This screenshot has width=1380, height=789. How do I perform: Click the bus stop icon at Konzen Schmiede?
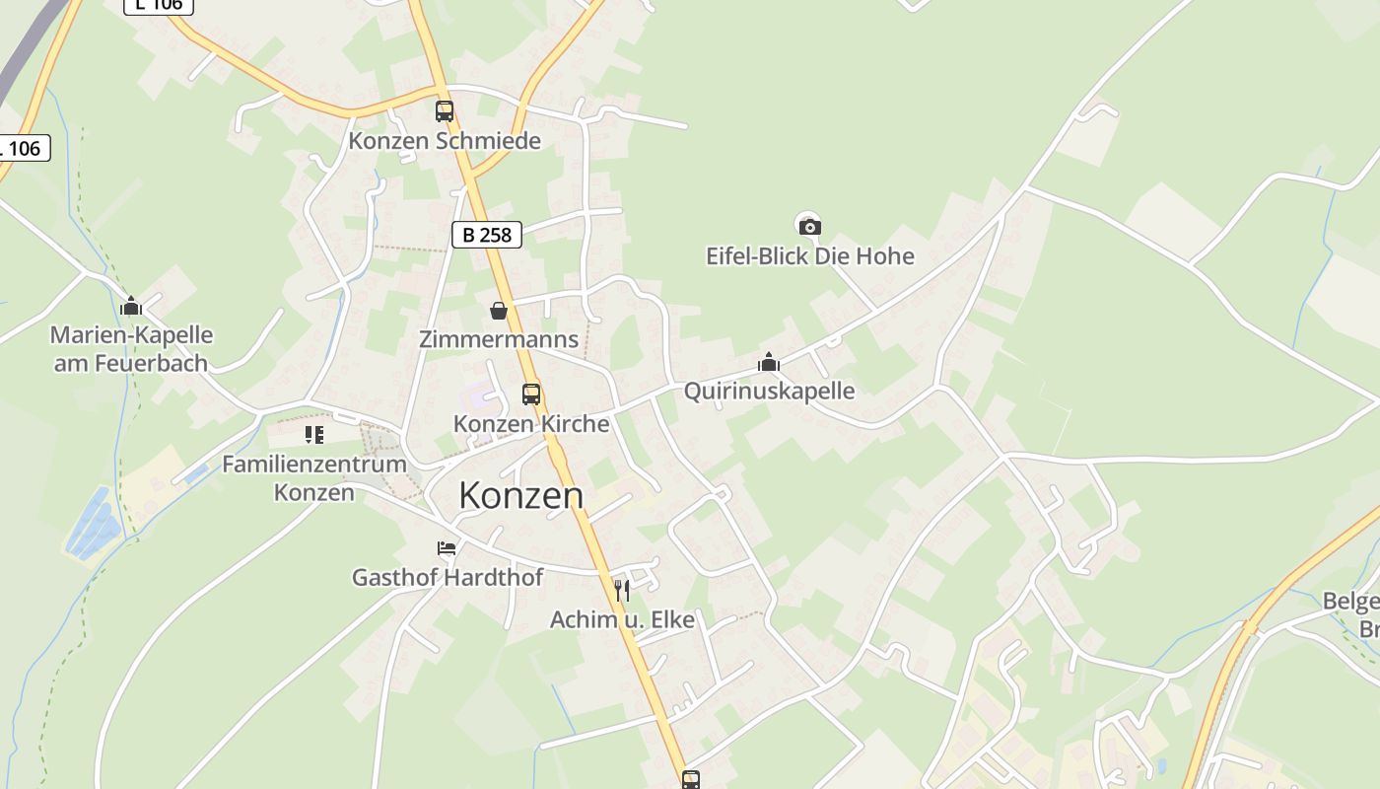point(445,111)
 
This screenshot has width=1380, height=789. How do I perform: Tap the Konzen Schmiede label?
point(445,141)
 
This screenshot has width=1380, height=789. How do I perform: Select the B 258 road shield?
point(487,235)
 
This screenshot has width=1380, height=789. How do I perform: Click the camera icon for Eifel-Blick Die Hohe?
point(809,227)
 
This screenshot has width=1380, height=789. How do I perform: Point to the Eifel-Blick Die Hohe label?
point(810,256)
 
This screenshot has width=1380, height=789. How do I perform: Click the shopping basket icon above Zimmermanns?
point(499,311)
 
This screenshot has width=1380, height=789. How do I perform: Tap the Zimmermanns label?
point(499,339)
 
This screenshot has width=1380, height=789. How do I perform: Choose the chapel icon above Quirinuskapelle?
point(769,363)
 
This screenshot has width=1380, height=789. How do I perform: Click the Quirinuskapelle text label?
point(769,391)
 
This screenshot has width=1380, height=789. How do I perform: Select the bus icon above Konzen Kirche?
point(531,394)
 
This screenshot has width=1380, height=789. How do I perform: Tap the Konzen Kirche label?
point(531,423)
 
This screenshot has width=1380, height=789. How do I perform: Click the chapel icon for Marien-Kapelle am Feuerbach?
point(131,307)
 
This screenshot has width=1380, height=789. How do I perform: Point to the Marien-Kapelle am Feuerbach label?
point(131,349)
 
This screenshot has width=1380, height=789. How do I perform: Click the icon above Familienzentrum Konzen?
point(314,434)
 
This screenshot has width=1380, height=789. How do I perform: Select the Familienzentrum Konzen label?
point(314,477)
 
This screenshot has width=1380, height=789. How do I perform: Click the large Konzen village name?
point(520,495)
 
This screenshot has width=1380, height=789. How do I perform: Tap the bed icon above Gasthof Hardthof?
point(447,548)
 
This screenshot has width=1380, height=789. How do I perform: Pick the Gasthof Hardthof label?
point(448,577)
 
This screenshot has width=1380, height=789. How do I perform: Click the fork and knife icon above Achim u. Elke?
point(622,591)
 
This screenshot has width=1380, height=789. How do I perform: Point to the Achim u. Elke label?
point(622,619)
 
